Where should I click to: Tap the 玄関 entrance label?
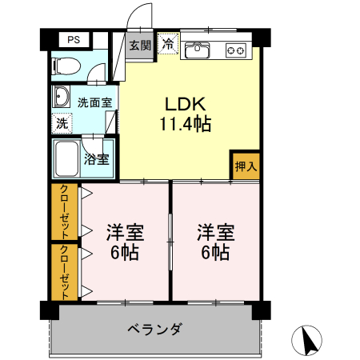coord(141,45)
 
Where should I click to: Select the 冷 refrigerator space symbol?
coord(169,44)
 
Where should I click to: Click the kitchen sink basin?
coord(197,51)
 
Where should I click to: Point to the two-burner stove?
coord(237,50)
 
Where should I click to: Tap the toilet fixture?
coord(66,66)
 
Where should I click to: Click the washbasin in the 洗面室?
coord(62,98)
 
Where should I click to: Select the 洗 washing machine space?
coord(62,124)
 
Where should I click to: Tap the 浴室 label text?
coord(97,158)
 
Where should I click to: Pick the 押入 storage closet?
coord(246,166)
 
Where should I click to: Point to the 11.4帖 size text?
coord(186,124)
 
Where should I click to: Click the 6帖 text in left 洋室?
coord(124,253)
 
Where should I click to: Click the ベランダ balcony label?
coord(155,330)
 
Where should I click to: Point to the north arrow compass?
coord(309,342)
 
